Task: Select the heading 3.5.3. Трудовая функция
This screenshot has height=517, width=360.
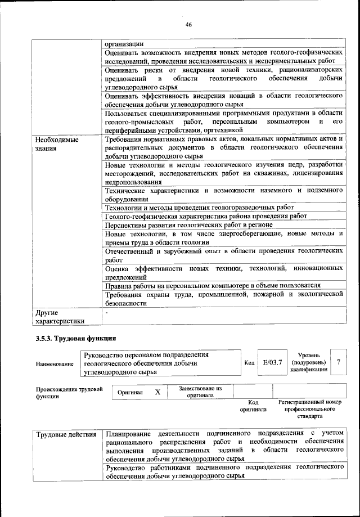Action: coord(76,338)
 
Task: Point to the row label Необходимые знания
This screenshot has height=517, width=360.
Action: coord(57,143)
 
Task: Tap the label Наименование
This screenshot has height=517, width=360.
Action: coord(55,365)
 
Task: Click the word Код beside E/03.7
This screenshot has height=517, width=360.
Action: coord(250,363)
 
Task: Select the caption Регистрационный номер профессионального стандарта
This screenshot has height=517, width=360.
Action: coord(310,410)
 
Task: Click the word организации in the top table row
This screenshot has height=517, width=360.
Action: coord(124,43)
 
